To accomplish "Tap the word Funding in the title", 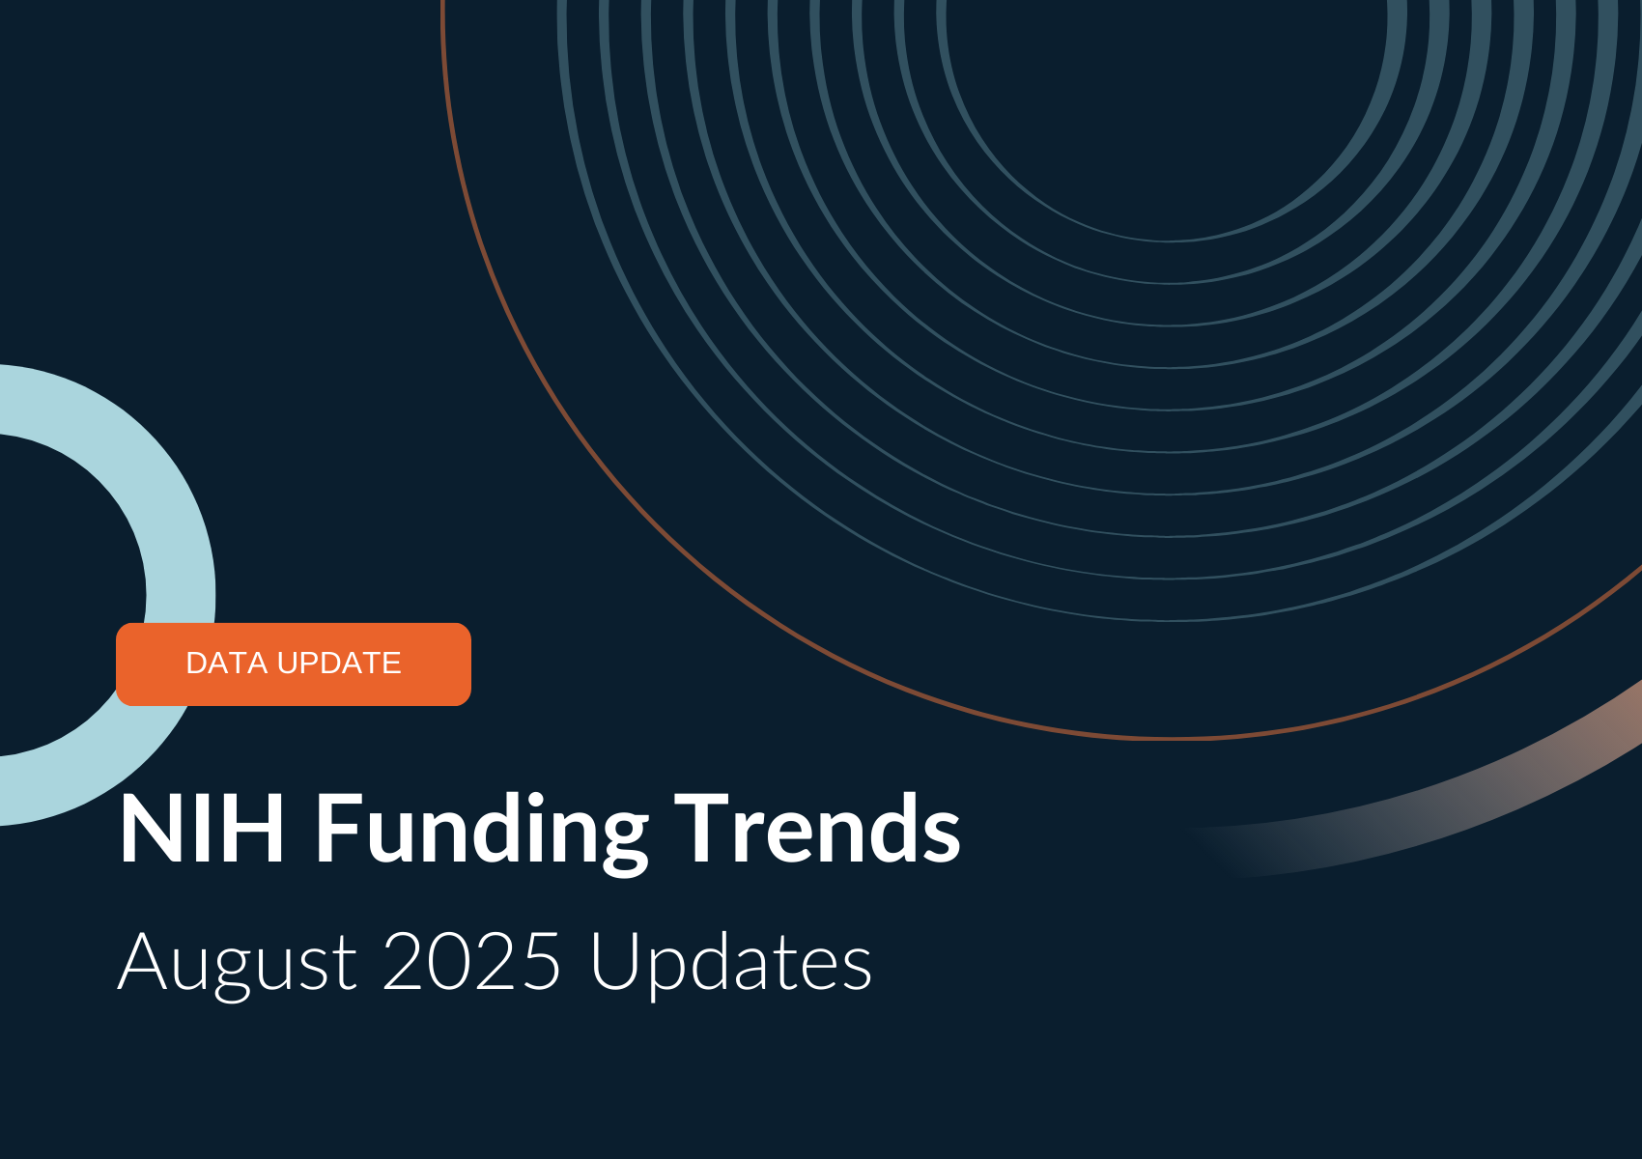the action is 482,834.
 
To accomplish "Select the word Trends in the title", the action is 817,829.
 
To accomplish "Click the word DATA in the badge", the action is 227,664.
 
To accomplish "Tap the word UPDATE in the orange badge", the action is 339,664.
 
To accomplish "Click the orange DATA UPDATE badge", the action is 294,664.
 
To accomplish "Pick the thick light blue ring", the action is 181,594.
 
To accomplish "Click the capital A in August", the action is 142,961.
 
